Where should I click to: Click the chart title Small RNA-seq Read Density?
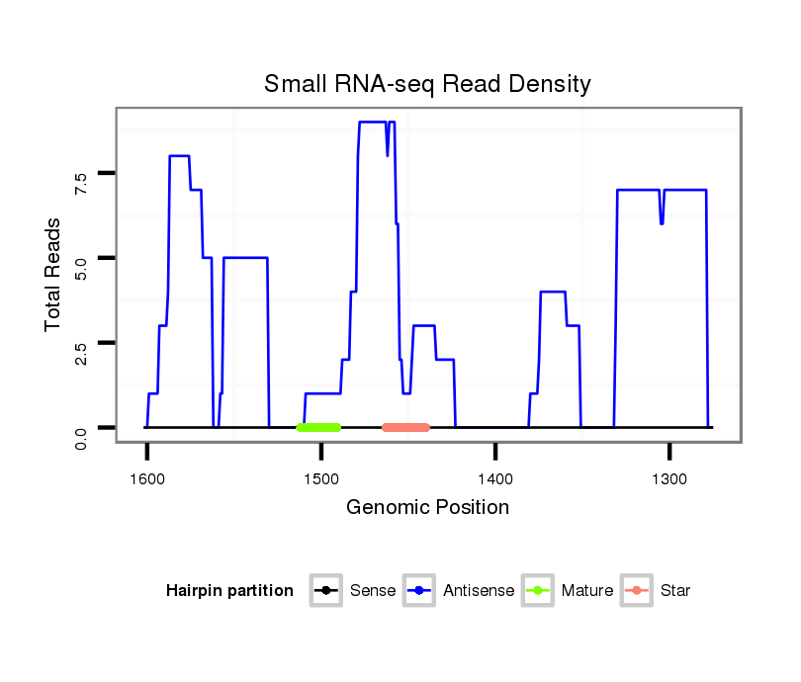(427, 84)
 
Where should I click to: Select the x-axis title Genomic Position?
(427, 508)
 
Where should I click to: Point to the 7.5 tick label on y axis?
(81, 174)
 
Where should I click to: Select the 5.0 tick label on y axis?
(81, 258)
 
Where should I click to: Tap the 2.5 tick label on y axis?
(81, 343)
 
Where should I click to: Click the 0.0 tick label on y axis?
(81, 428)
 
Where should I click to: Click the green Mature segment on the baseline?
(318, 427)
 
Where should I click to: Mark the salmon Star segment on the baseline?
(405, 427)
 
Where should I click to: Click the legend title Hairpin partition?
(229, 591)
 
